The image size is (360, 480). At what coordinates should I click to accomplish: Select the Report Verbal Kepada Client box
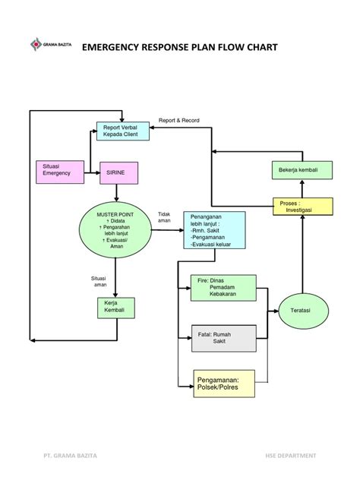click(x=122, y=131)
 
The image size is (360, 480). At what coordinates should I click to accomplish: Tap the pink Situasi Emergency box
click(x=56, y=172)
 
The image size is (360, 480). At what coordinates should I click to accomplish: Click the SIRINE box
click(x=119, y=172)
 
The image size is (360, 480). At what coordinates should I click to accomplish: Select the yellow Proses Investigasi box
click(x=303, y=207)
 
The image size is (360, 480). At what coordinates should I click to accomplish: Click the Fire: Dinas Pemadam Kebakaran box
click(x=223, y=289)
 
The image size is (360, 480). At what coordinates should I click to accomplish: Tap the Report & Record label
click(x=178, y=121)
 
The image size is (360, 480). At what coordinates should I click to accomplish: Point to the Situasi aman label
click(x=100, y=282)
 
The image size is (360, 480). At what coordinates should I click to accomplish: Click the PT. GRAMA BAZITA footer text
click(x=71, y=456)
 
